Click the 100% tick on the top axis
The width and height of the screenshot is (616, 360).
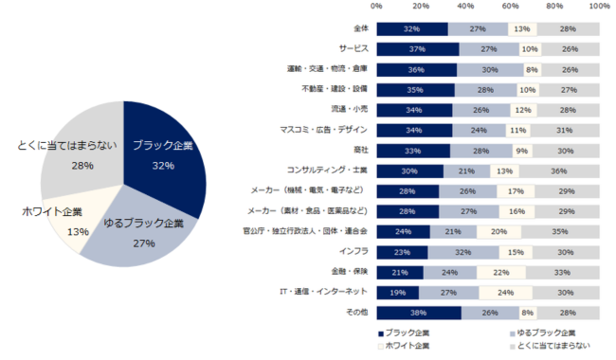point(599,7)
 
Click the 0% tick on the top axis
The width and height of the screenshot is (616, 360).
point(376,7)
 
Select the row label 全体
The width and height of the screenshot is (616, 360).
point(361,28)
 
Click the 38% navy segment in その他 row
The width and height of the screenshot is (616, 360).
point(418,313)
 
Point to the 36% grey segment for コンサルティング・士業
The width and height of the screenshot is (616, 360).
point(559,171)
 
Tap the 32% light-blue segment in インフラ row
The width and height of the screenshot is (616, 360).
point(463,251)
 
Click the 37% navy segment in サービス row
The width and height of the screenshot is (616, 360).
point(417,48)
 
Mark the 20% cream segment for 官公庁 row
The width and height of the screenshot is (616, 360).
point(498,231)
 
